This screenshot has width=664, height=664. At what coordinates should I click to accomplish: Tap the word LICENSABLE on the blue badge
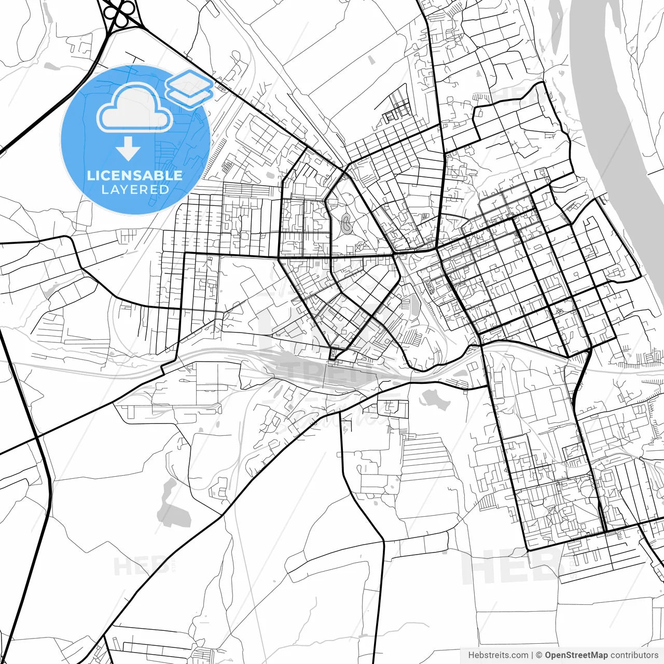click(135, 175)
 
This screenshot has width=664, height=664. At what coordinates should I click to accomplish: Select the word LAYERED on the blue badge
click(135, 189)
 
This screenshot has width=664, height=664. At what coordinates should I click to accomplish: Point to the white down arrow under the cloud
click(128, 149)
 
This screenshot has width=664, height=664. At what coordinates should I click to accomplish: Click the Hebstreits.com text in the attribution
click(498, 655)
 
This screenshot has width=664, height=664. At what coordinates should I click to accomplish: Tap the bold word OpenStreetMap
click(576, 655)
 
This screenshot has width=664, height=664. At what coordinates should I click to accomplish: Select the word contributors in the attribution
click(634, 655)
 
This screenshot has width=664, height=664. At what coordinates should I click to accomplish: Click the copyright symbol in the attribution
click(539, 655)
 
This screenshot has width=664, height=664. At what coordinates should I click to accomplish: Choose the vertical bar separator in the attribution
click(532, 655)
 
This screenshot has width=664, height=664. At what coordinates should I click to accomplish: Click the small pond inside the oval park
click(345, 225)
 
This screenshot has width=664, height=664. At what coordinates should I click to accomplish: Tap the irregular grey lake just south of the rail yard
click(435, 398)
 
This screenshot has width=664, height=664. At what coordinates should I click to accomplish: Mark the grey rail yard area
click(311, 363)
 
